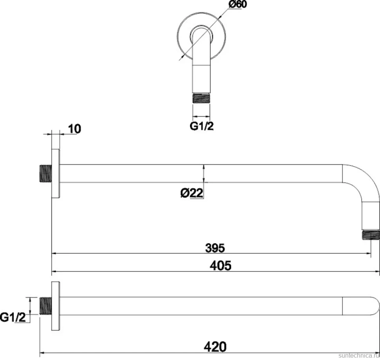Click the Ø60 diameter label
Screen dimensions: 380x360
pyautogui.click(x=237, y=4)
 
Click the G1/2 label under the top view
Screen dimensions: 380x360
pyautogui.click(x=202, y=126)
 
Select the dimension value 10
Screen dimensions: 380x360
pyautogui.click(x=74, y=129)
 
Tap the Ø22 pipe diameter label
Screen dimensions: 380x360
pyautogui.click(x=192, y=193)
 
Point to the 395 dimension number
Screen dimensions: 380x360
pyautogui.click(x=215, y=248)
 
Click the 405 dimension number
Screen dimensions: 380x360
pyautogui.click(x=221, y=265)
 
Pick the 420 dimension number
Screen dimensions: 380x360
pyautogui.click(x=215, y=347)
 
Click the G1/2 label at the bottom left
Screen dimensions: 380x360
pyautogui.click(x=13, y=317)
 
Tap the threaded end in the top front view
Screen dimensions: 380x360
pyautogui.click(x=201, y=98)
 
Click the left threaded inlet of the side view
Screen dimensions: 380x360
pyautogui.click(x=45, y=173)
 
